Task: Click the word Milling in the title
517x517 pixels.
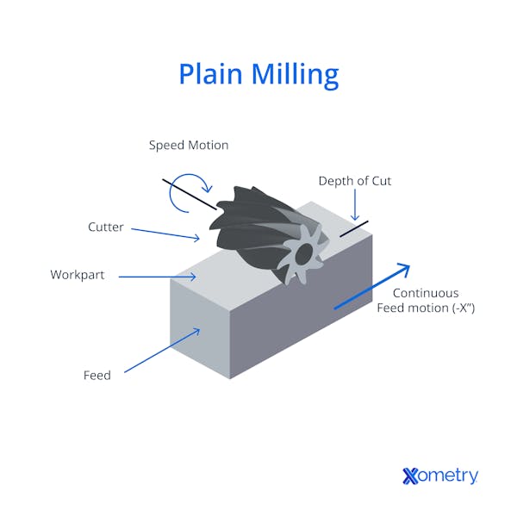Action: (296, 74)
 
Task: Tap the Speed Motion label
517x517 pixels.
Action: (189, 146)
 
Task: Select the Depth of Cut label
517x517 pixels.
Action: (355, 181)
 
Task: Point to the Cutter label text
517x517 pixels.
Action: (106, 227)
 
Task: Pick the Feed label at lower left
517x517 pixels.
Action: (97, 376)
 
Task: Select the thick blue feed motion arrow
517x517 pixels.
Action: (371, 287)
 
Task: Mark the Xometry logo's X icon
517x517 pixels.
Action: (411, 476)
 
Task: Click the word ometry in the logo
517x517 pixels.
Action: (448, 476)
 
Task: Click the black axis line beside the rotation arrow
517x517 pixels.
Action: (190, 195)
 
